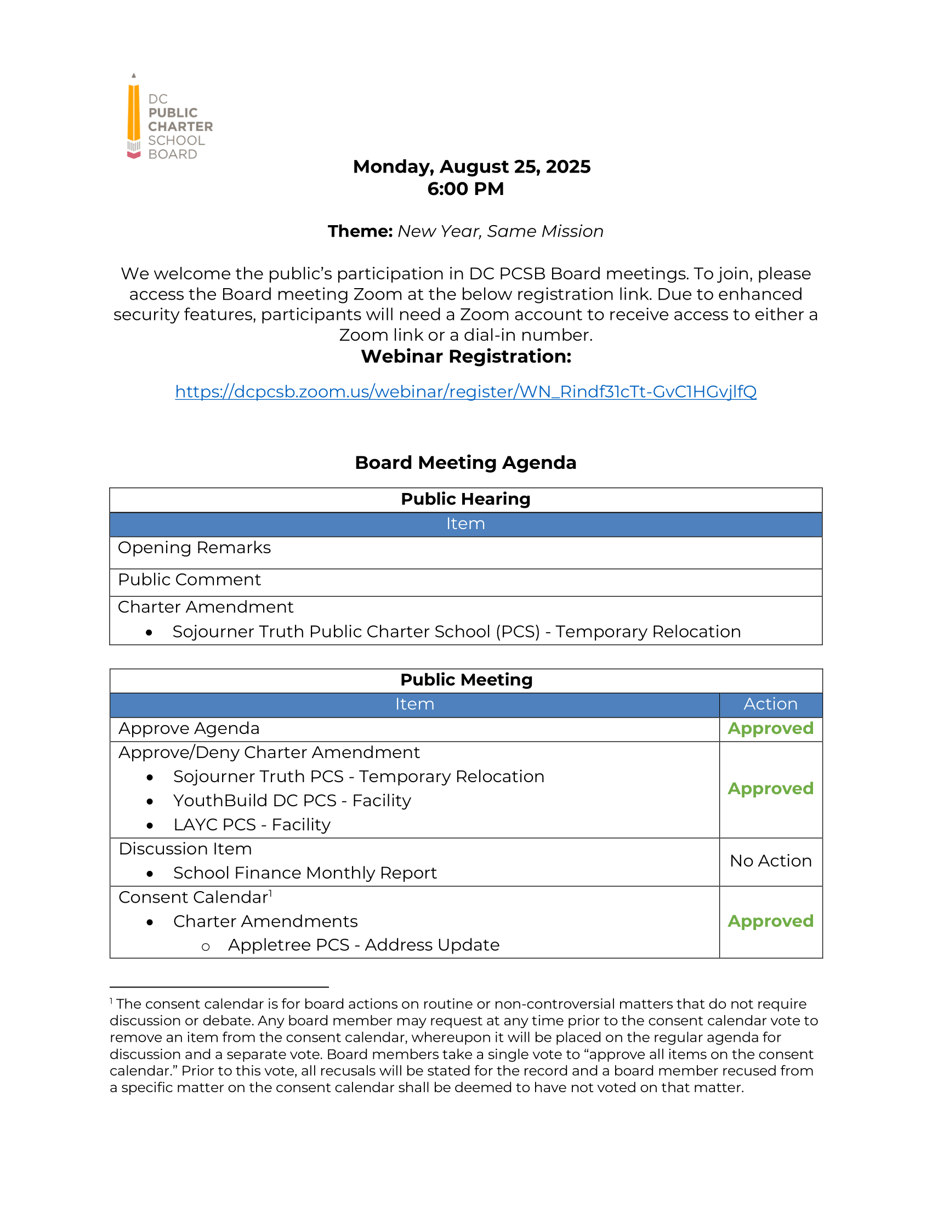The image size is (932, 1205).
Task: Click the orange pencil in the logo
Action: pyautogui.click(x=134, y=113)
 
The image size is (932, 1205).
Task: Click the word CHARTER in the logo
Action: pyautogui.click(x=180, y=127)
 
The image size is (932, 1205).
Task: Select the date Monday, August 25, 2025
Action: pyautogui.click(x=471, y=166)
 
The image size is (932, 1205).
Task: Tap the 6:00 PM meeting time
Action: pyautogui.click(x=465, y=189)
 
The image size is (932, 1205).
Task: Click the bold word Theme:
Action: pyautogui.click(x=360, y=231)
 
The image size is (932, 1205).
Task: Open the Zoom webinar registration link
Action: pyautogui.click(x=465, y=391)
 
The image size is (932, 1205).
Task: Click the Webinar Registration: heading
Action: pyautogui.click(x=465, y=357)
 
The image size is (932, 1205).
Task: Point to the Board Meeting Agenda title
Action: pyautogui.click(x=465, y=462)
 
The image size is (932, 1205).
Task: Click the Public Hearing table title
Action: pyautogui.click(x=465, y=499)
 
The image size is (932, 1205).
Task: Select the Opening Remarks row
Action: pyautogui.click(x=195, y=548)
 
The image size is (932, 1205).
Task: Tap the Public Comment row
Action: pyautogui.click(x=189, y=580)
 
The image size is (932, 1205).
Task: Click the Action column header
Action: pyautogui.click(x=770, y=704)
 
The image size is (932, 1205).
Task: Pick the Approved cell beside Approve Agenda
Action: pyautogui.click(x=770, y=729)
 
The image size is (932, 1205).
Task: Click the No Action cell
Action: pyautogui.click(x=770, y=861)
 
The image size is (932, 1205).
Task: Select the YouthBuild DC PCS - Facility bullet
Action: pyautogui.click(x=292, y=801)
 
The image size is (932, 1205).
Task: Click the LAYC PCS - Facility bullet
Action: pyautogui.click(x=252, y=825)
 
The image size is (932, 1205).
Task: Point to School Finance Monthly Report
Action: pyautogui.click(x=305, y=873)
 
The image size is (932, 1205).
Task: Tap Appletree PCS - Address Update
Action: pyautogui.click(x=363, y=945)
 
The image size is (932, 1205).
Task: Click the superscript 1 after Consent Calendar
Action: pyautogui.click(x=270, y=893)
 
